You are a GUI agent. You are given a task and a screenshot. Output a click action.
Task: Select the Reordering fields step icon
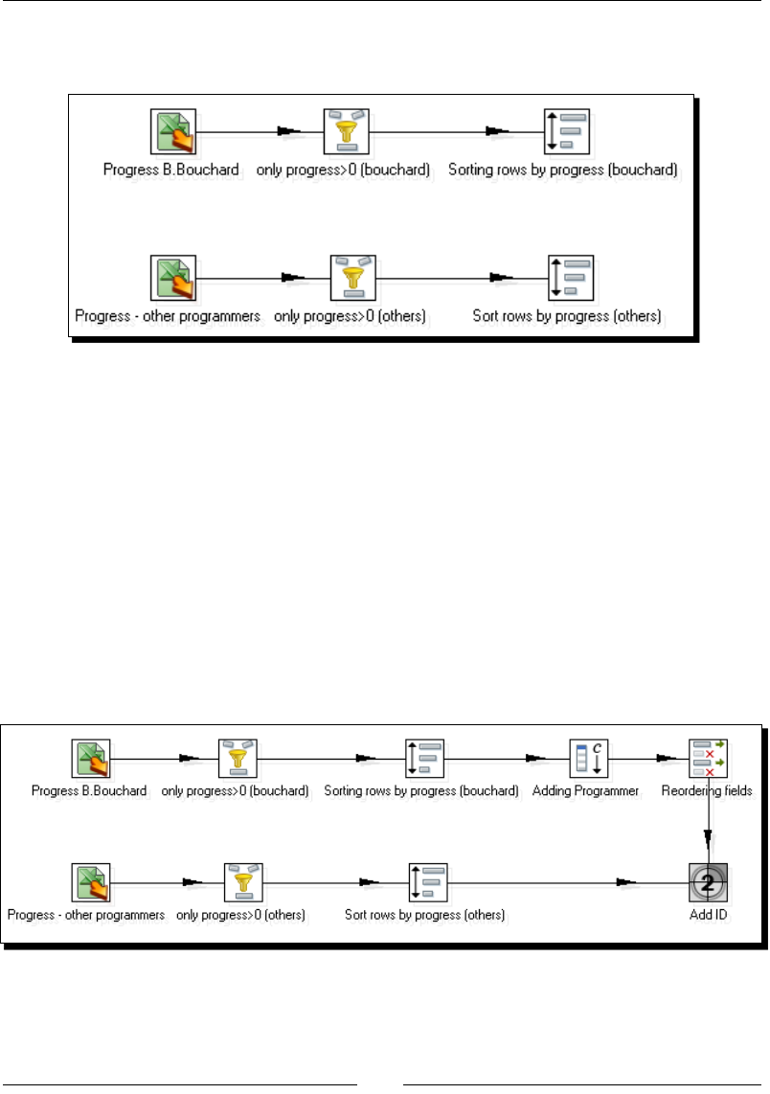tap(709, 760)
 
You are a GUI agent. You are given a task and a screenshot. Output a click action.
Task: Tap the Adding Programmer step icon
tap(588, 760)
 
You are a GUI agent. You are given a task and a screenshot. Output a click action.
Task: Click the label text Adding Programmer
tap(585, 791)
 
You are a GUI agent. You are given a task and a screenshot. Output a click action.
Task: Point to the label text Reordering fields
tap(707, 791)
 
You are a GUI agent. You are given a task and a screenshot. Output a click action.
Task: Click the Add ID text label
tap(709, 915)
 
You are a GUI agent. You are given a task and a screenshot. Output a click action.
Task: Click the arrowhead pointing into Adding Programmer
tap(535, 760)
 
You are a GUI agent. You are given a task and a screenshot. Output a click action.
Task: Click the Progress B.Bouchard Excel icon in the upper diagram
tap(173, 132)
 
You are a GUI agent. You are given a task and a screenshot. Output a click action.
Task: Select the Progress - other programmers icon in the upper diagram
tap(173, 279)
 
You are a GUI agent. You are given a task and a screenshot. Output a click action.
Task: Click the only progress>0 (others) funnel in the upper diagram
tap(352, 279)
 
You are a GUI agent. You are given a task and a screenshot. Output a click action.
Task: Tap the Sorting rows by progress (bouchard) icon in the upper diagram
tap(565, 132)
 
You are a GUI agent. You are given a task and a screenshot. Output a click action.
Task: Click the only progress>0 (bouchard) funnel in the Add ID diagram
tap(238, 760)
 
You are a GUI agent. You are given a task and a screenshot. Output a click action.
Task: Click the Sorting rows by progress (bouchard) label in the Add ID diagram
tap(421, 791)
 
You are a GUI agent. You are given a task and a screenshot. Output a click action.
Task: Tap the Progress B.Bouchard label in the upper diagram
tap(171, 170)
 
